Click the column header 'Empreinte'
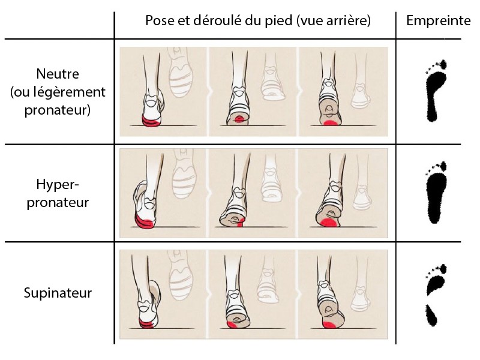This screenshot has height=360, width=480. coord(438,20)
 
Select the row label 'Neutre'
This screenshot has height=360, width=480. coord(58,75)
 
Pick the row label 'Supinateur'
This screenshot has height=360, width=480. coord(58,293)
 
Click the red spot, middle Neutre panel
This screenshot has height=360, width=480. coord(239,120)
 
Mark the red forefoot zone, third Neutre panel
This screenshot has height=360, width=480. coord(329,122)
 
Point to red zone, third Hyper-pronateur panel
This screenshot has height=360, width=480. coord(327,224)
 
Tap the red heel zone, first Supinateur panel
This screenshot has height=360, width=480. coord(146,324)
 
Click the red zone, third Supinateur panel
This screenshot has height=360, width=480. coord(329,325)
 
